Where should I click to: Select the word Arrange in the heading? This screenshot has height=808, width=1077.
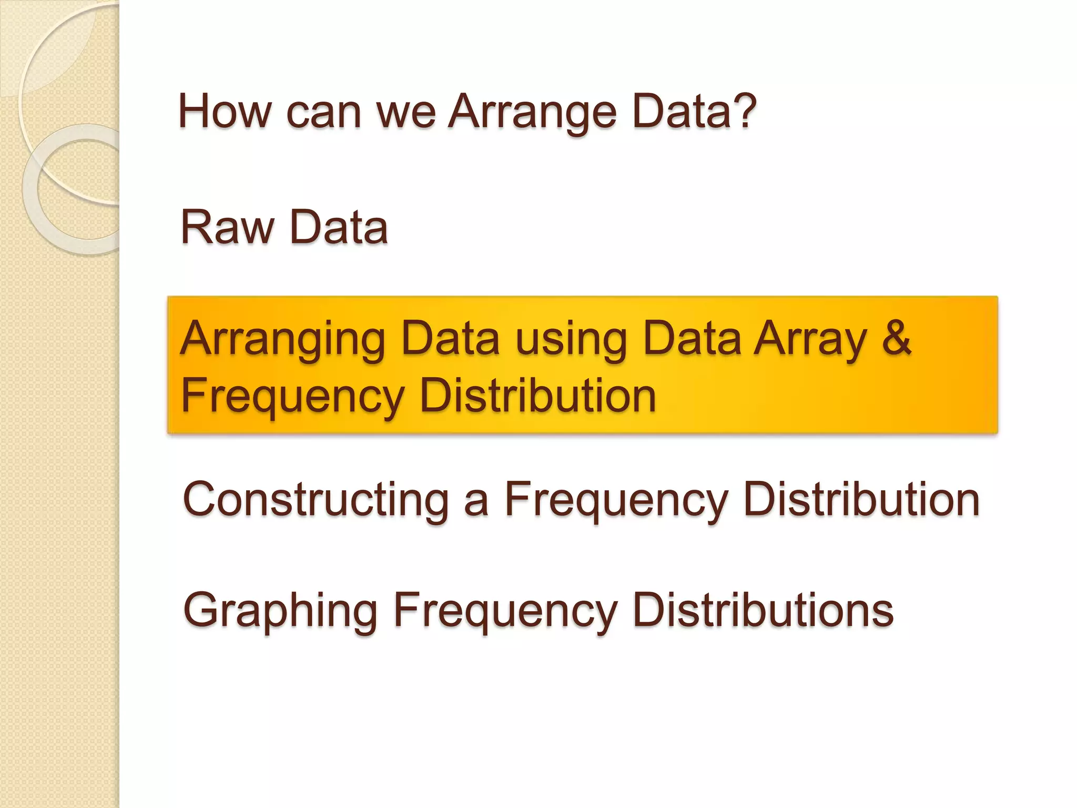click(x=532, y=113)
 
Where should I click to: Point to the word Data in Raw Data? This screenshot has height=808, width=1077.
click(x=339, y=227)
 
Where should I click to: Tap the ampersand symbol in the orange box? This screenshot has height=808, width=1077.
click(x=896, y=338)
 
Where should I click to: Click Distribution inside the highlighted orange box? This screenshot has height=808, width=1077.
click(x=537, y=396)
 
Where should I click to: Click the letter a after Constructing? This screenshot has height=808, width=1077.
click(x=476, y=502)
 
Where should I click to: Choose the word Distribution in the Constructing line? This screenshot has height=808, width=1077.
click(x=862, y=500)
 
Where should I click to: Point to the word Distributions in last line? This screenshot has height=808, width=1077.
click(x=763, y=610)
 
